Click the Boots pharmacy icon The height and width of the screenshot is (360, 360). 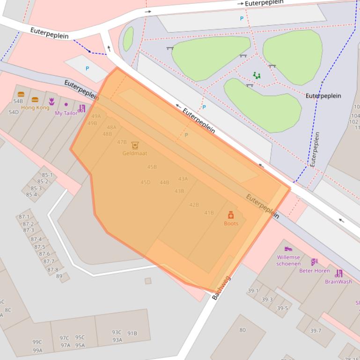click(231, 215)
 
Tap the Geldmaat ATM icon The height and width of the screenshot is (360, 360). click(135, 145)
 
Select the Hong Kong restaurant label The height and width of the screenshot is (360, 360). click(35, 108)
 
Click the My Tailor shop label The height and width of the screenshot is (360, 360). click(66, 113)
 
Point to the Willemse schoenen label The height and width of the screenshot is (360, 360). click(288, 260)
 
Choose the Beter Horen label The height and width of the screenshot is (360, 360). click(315, 271)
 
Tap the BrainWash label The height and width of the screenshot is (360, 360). click(338, 282)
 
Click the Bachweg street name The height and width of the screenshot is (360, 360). click(221, 288)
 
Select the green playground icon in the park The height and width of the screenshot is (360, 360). click(256, 75)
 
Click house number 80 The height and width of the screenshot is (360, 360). click(242, 330)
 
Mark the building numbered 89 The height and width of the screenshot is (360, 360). click(59, 276)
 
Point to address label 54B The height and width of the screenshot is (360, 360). click(18, 101)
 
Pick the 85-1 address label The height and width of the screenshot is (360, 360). click(47, 175)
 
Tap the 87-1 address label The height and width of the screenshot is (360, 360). click(24, 217)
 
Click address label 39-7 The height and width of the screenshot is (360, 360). click(316, 331)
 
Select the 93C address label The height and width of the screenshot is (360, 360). click(117, 332)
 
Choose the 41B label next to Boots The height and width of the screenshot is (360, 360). click(209, 213)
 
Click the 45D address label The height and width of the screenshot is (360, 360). click(146, 182)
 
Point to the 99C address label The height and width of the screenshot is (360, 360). click(37, 342)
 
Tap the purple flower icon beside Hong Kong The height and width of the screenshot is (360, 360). click(51, 101)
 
